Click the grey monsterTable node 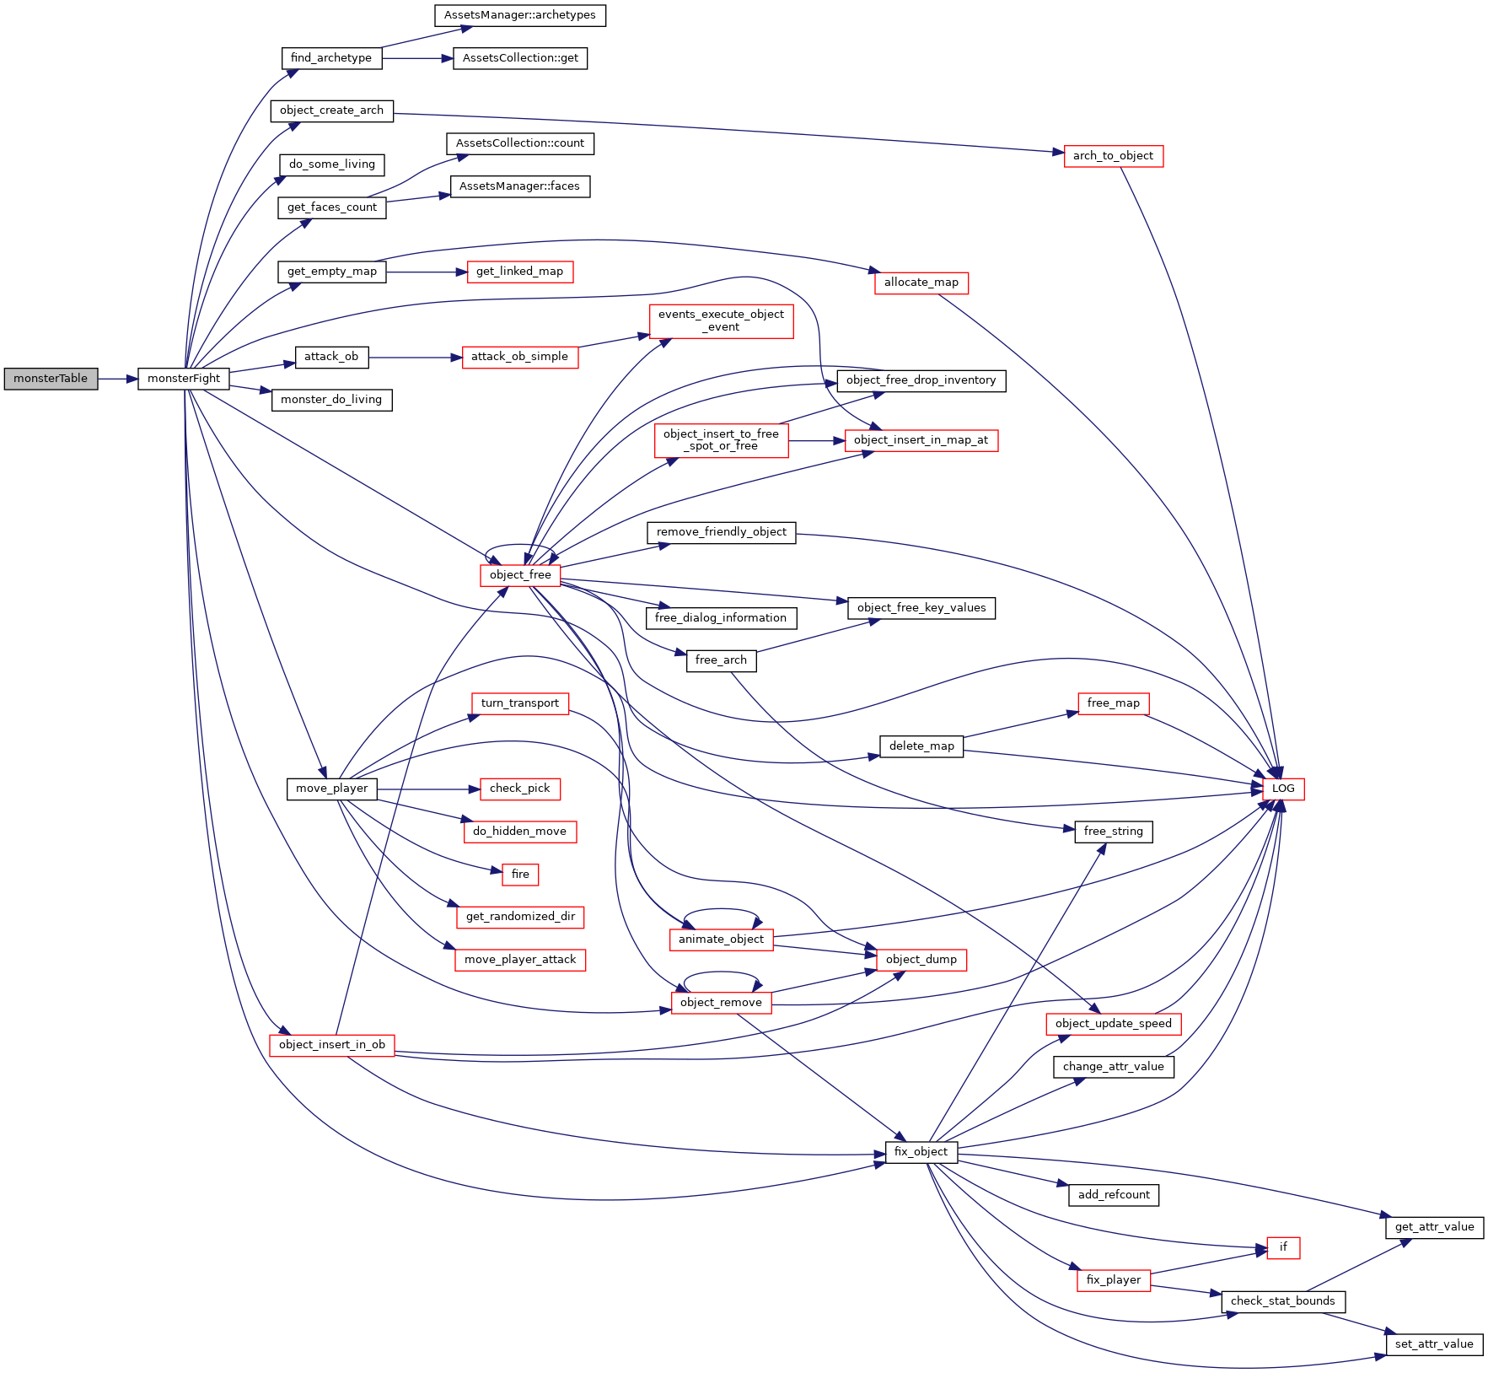[51, 379]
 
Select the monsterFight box [184, 379]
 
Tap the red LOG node [1282, 789]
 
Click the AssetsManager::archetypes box [520, 15]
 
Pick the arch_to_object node [1113, 156]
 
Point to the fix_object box [921, 1152]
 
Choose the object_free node [520, 575]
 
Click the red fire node [520, 875]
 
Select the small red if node [1283, 1247]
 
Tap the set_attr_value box [1433, 1344]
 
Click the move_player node [332, 789]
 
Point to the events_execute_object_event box [721, 320]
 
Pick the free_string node [1113, 832]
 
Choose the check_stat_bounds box [1282, 1301]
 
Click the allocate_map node [921, 283]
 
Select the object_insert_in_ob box [332, 1045]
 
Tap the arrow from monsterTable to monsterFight [118, 379]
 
